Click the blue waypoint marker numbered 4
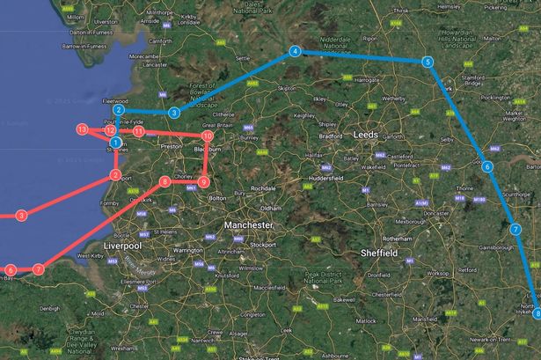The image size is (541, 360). pyautogui.click(x=295, y=52)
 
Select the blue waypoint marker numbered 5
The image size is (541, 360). pyautogui.click(x=427, y=62)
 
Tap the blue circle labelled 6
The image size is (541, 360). pyautogui.click(x=487, y=165)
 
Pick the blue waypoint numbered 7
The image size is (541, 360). pyautogui.click(x=515, y=230)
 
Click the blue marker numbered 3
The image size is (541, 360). pyautogui.click(x=175, y=113)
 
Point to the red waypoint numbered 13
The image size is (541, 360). pyautogui.click(x=82, y=129)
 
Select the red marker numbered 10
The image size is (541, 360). pyautogui.click(x=208, y=136)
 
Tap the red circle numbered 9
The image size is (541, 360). pyautogui.click(x=203, y=182)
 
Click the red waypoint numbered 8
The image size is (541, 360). pyautogui.click(x=165, y=182)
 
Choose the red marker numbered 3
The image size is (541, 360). pyautogui.click(x=21, y=215)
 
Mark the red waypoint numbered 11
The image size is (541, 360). pyautogui.click(x=139, y=131)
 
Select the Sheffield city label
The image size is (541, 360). pyautogui.click(x=381, y=253)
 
